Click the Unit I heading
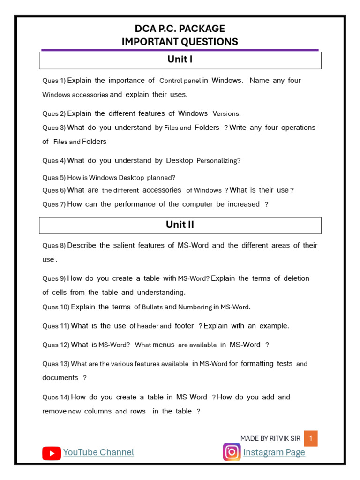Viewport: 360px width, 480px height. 180,60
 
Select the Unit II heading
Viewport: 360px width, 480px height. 180,225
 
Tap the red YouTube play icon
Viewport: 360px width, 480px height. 52,453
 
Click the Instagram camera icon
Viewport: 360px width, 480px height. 232,452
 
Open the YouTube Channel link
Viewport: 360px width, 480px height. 98,452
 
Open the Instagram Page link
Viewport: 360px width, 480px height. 274,452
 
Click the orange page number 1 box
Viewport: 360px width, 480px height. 310,439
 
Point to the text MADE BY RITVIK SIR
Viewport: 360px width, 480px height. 270,439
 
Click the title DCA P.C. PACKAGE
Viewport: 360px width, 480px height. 180,29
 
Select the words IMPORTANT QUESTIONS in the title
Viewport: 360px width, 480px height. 180,42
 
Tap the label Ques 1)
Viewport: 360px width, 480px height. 54,81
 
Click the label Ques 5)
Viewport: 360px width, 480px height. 54,178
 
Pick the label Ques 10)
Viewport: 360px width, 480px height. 56,307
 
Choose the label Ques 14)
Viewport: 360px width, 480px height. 56,397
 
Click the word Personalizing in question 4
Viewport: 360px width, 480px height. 217,161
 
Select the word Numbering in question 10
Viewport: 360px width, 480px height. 195,307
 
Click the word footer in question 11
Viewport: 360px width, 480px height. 184,326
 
